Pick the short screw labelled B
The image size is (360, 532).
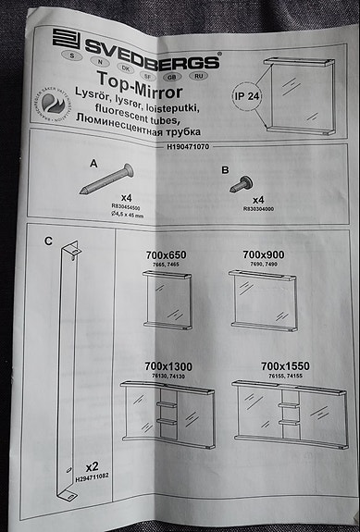coord(242,181)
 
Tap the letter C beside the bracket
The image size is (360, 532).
coord(48,242)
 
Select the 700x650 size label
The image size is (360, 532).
coord(167,254)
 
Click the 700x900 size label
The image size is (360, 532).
coord(264,254)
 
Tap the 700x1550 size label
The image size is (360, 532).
coord(284,367)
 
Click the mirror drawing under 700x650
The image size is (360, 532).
coord(167,303)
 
